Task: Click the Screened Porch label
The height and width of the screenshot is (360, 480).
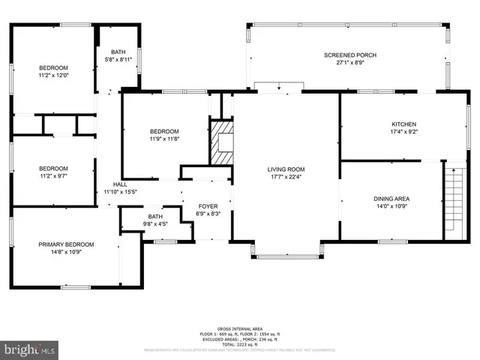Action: coord(349,55)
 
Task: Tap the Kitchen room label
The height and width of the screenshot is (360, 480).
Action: coord(403,124)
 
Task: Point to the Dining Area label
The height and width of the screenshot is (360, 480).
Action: coord(391,198)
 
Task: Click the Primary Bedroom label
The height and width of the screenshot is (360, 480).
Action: coord(67,244)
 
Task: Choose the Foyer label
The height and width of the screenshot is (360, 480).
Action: coord(208,206)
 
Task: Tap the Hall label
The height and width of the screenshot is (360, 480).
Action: coord(120,184)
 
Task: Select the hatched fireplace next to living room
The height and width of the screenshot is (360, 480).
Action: coord(222,142)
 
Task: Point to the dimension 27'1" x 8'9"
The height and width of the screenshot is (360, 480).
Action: coord(349,64)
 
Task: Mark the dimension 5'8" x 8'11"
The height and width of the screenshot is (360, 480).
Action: coord(118,59)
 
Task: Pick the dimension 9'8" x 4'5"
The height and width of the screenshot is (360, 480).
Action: coord(154,223)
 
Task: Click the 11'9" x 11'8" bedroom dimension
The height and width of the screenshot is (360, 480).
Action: coord(164,139)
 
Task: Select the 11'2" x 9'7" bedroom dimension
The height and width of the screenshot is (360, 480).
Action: coord(53,176)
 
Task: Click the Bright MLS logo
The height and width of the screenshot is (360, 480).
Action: coord(30,349)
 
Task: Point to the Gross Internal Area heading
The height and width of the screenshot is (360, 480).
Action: coord(239,329)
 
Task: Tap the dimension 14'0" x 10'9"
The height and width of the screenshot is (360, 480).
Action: coord(391,206)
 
